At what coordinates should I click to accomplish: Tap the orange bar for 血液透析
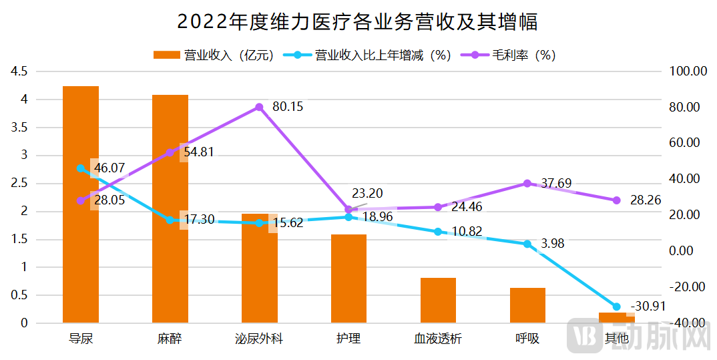[438, 300]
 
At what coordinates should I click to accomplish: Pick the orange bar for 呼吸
[527, 305]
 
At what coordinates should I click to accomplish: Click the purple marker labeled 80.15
[260, 107]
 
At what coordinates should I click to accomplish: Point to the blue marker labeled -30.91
[616, 307]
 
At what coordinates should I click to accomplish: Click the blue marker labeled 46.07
[81, 168]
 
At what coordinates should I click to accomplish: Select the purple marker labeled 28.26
[616, 200]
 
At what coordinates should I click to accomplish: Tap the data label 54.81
[199, 152]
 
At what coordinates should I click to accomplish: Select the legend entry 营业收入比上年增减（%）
[367, 55]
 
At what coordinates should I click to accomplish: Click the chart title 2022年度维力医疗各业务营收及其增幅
[358, 22]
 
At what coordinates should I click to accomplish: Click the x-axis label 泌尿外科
[260, 339]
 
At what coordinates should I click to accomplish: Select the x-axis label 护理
[348, 339]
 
